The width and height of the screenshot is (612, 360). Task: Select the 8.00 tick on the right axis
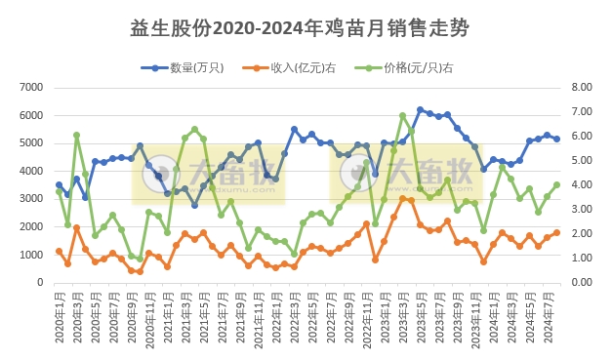coord(582,88)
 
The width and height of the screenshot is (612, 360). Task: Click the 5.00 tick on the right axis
coord(582,161)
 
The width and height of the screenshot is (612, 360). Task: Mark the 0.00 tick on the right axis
coord(582,283)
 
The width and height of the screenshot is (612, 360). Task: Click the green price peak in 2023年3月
coord(403,116)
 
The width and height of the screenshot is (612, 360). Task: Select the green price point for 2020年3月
coord(76,136)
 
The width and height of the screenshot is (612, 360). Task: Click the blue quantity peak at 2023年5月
coord(421,110)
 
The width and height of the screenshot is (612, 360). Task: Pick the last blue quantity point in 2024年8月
coord(557,139)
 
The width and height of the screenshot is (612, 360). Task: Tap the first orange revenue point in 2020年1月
coord(59,251)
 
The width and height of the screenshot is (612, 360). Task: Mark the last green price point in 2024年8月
coord(557,184)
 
